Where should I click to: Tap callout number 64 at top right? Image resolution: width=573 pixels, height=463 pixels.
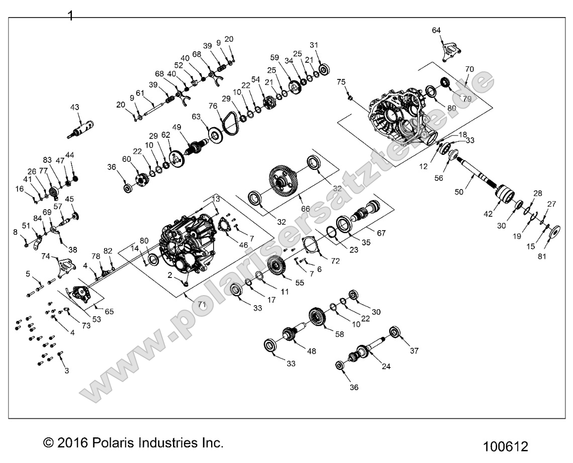point(436,31)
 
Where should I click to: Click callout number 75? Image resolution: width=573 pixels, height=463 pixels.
point(341,81)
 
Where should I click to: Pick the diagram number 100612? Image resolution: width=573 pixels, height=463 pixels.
point(505,446)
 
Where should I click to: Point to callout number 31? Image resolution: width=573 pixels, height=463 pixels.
point(314,45)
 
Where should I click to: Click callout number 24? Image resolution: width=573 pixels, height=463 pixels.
point(386,366)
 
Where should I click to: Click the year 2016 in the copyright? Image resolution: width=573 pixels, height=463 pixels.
point(73,443)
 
